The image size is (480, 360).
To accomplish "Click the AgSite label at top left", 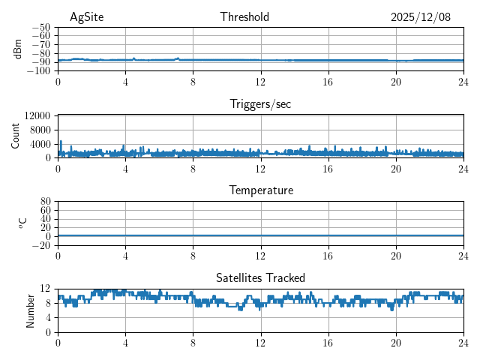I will coord(86,17).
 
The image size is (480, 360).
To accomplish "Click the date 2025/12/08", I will coord(421,17).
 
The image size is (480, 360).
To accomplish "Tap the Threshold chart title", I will coord(244,17).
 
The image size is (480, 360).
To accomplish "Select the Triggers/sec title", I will coord(260,104).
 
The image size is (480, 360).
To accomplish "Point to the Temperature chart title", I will coord(260,190).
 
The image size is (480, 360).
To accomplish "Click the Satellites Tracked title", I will coord(260,278).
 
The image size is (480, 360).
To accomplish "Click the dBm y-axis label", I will coord(19,49).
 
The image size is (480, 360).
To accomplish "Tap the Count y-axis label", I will coord(16,136).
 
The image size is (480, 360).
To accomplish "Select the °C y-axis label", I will coord(23,223).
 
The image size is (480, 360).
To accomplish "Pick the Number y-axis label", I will coord(31,310).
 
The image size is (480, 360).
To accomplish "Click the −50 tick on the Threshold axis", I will coord(40,27).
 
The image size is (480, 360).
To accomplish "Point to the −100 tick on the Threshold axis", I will coord(38,70).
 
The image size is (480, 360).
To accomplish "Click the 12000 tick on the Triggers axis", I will coord(37,115).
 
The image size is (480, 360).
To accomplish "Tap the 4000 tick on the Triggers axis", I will coord(40,143).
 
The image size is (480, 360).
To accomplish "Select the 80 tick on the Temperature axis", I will coord(45,202).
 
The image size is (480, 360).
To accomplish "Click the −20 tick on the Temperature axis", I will coord(40,245).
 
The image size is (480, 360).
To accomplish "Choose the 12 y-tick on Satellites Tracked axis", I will coord(45,289).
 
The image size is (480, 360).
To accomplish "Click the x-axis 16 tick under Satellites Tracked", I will coord(328,343).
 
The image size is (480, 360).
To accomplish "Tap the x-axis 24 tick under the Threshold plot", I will coord(463,82).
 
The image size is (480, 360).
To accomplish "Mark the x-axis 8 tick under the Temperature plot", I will coord(193,256).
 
